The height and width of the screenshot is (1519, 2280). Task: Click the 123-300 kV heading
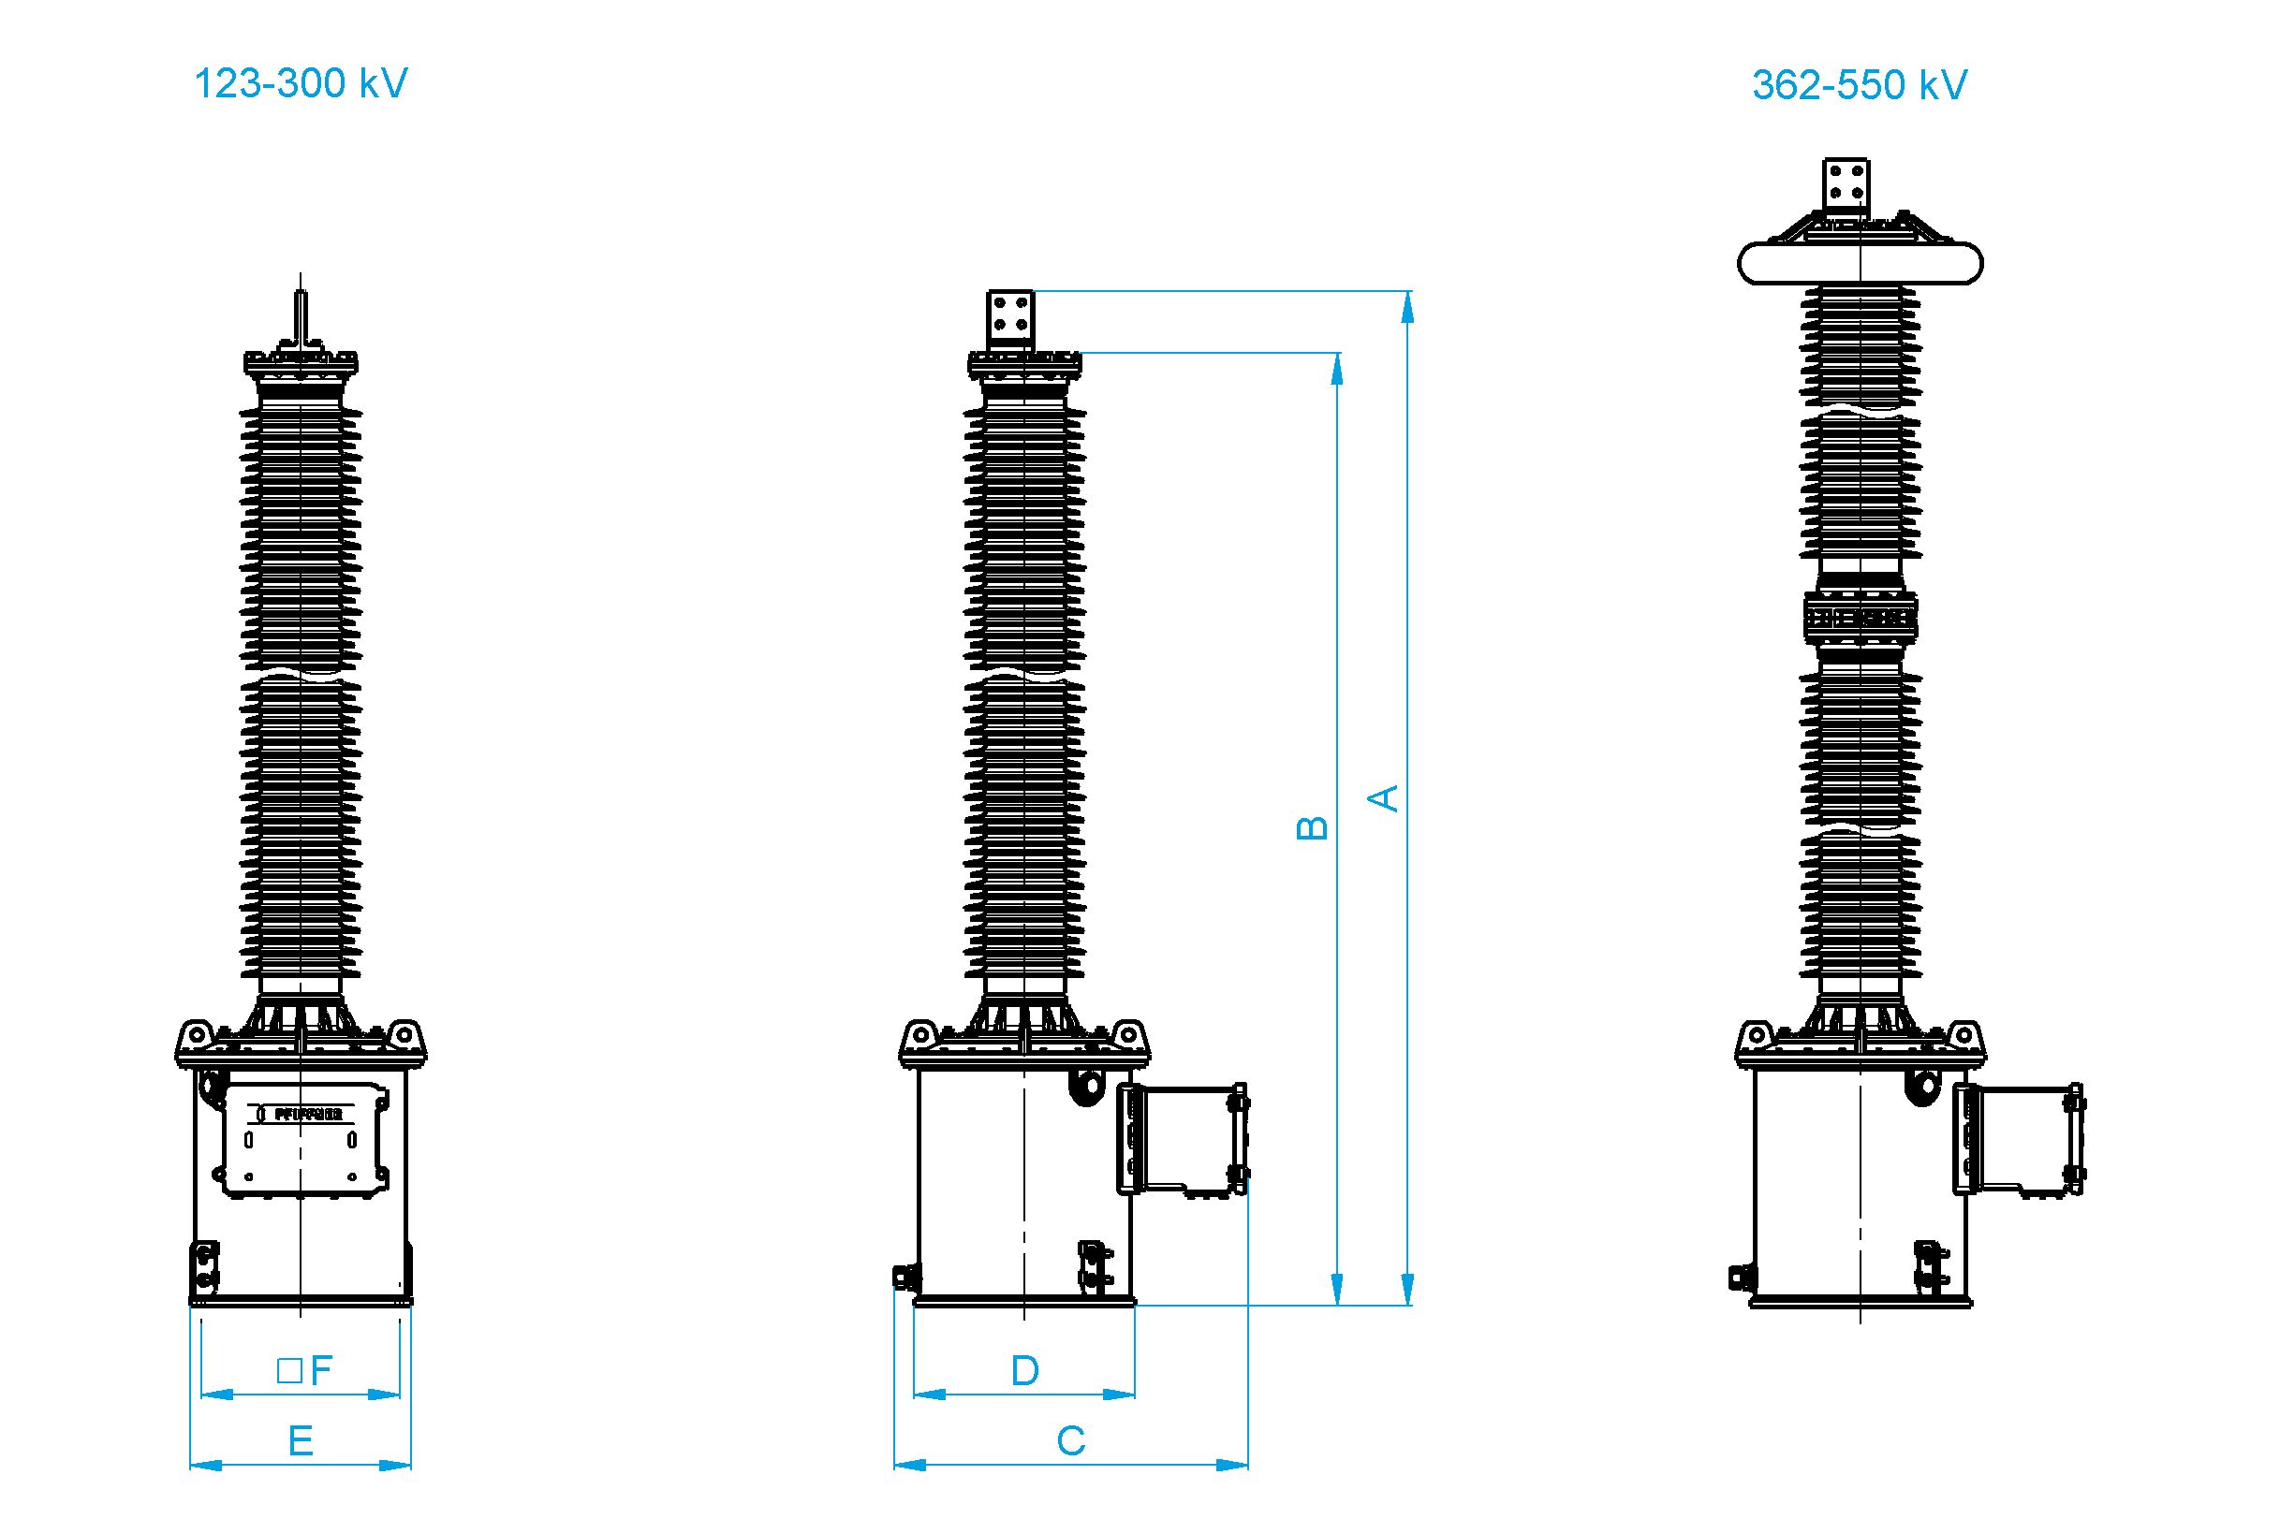point(301,84)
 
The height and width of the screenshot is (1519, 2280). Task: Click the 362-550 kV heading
point(1859,85)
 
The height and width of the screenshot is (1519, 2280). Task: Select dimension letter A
point(1387,797)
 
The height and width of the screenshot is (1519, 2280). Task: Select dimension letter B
point(1312,826)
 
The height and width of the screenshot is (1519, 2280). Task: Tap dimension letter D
point(1024,1371)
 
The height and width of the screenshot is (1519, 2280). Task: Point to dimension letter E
point(301,1441)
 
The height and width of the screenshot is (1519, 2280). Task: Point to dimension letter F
point(322,1371)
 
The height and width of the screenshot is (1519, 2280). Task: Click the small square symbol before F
point(287,1371)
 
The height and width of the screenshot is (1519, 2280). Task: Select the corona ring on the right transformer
point(1860,264)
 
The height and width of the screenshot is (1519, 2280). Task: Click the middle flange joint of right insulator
point(1860,616)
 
